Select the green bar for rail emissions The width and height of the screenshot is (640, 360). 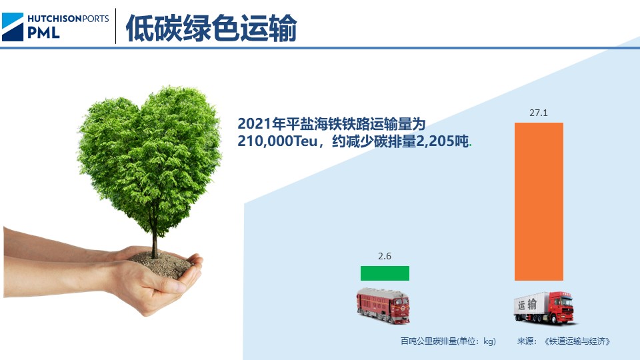coord(385,273)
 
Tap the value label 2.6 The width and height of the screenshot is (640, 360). coord(385,256)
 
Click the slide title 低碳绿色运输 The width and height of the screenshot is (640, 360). coord(211,28)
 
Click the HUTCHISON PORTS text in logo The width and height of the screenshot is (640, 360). coord(68,18)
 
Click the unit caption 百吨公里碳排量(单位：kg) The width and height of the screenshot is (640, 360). coord(448,341)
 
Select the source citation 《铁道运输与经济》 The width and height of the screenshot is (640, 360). coord(577,341)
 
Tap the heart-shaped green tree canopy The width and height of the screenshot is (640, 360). coord(150,153)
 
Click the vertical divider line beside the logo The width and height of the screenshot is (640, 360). coord(115,26)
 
